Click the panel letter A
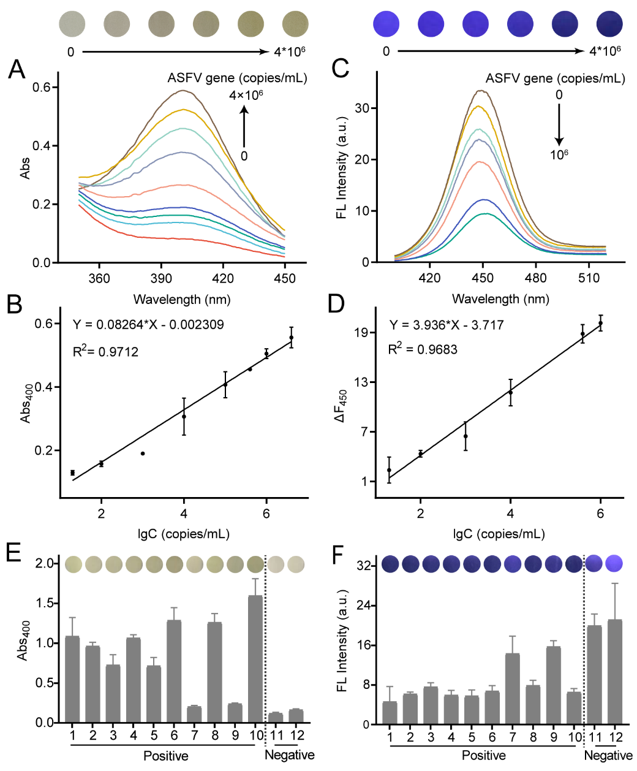[x=17, y=69]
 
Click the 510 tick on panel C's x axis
[x=589, y=278]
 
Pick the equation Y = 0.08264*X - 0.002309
[x=148, y=325]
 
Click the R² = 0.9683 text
[x=423, y=349]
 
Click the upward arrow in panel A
[x=244, y=126]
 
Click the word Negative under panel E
[x=289, y=755]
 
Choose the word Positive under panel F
[x=484, y=755]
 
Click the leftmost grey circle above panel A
[x=72, y=25]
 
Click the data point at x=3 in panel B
[x=143, y=454]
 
